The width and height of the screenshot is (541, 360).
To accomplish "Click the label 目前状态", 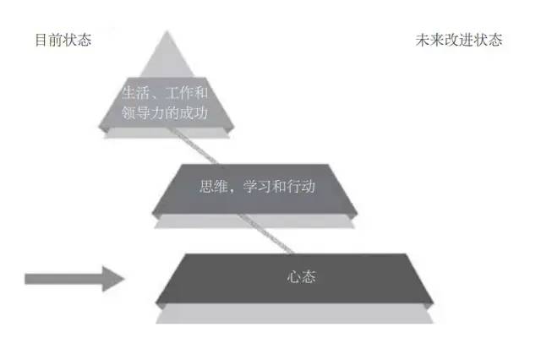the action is (63, 40).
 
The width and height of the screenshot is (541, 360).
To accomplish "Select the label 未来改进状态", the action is (459, 40).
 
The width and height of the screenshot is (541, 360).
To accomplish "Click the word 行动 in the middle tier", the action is (300, 185).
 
